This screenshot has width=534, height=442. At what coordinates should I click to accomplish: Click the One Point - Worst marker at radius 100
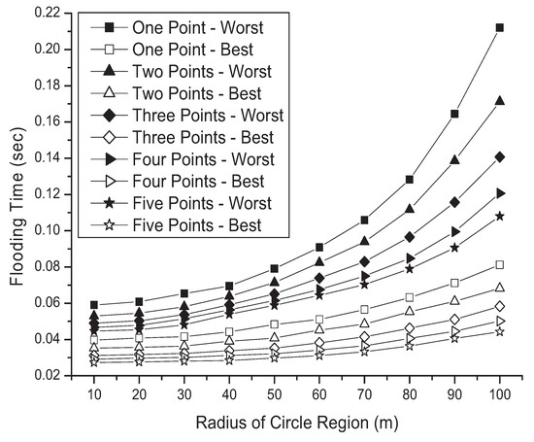pos(499,27)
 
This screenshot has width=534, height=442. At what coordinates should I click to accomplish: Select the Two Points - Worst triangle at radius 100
pos(499,100)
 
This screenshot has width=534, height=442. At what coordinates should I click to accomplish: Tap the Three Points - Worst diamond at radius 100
pos(499,155)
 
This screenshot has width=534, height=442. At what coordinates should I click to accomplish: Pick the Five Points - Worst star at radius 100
pos(499,216)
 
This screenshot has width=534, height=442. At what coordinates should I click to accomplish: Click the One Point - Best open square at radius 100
pos(499,264)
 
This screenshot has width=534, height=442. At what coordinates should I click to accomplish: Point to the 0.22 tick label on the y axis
pos(48,13)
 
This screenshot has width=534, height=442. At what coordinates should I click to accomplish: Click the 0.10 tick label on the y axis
pos(48,230)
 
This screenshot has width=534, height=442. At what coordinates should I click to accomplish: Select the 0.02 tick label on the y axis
pos(48,375)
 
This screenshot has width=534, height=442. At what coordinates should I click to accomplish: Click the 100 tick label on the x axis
pos(499,394)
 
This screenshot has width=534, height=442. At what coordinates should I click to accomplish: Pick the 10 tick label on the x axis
pos(93,394)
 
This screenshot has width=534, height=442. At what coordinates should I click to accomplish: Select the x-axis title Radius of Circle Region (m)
pos(296,425)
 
